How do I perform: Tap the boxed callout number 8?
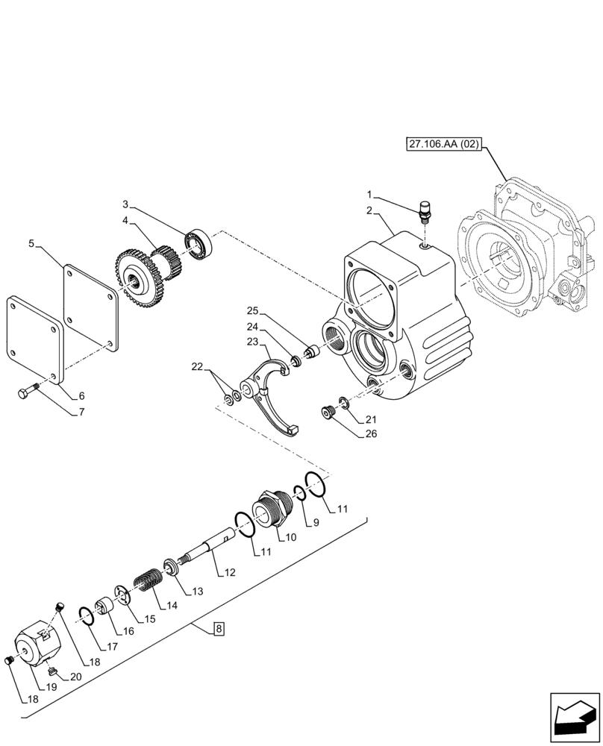(218, 630)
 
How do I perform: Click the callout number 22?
(196, 366)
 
